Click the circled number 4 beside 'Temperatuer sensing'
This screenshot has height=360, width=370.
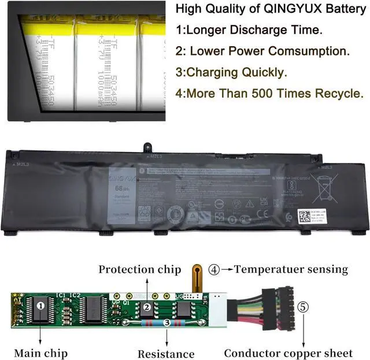click(x=214, y=269)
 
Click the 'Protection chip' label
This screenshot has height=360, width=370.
click(x=139, y=270)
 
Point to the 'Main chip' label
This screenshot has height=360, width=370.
click(x=40, y=352)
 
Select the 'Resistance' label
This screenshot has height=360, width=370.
click(x=166, y=353)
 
